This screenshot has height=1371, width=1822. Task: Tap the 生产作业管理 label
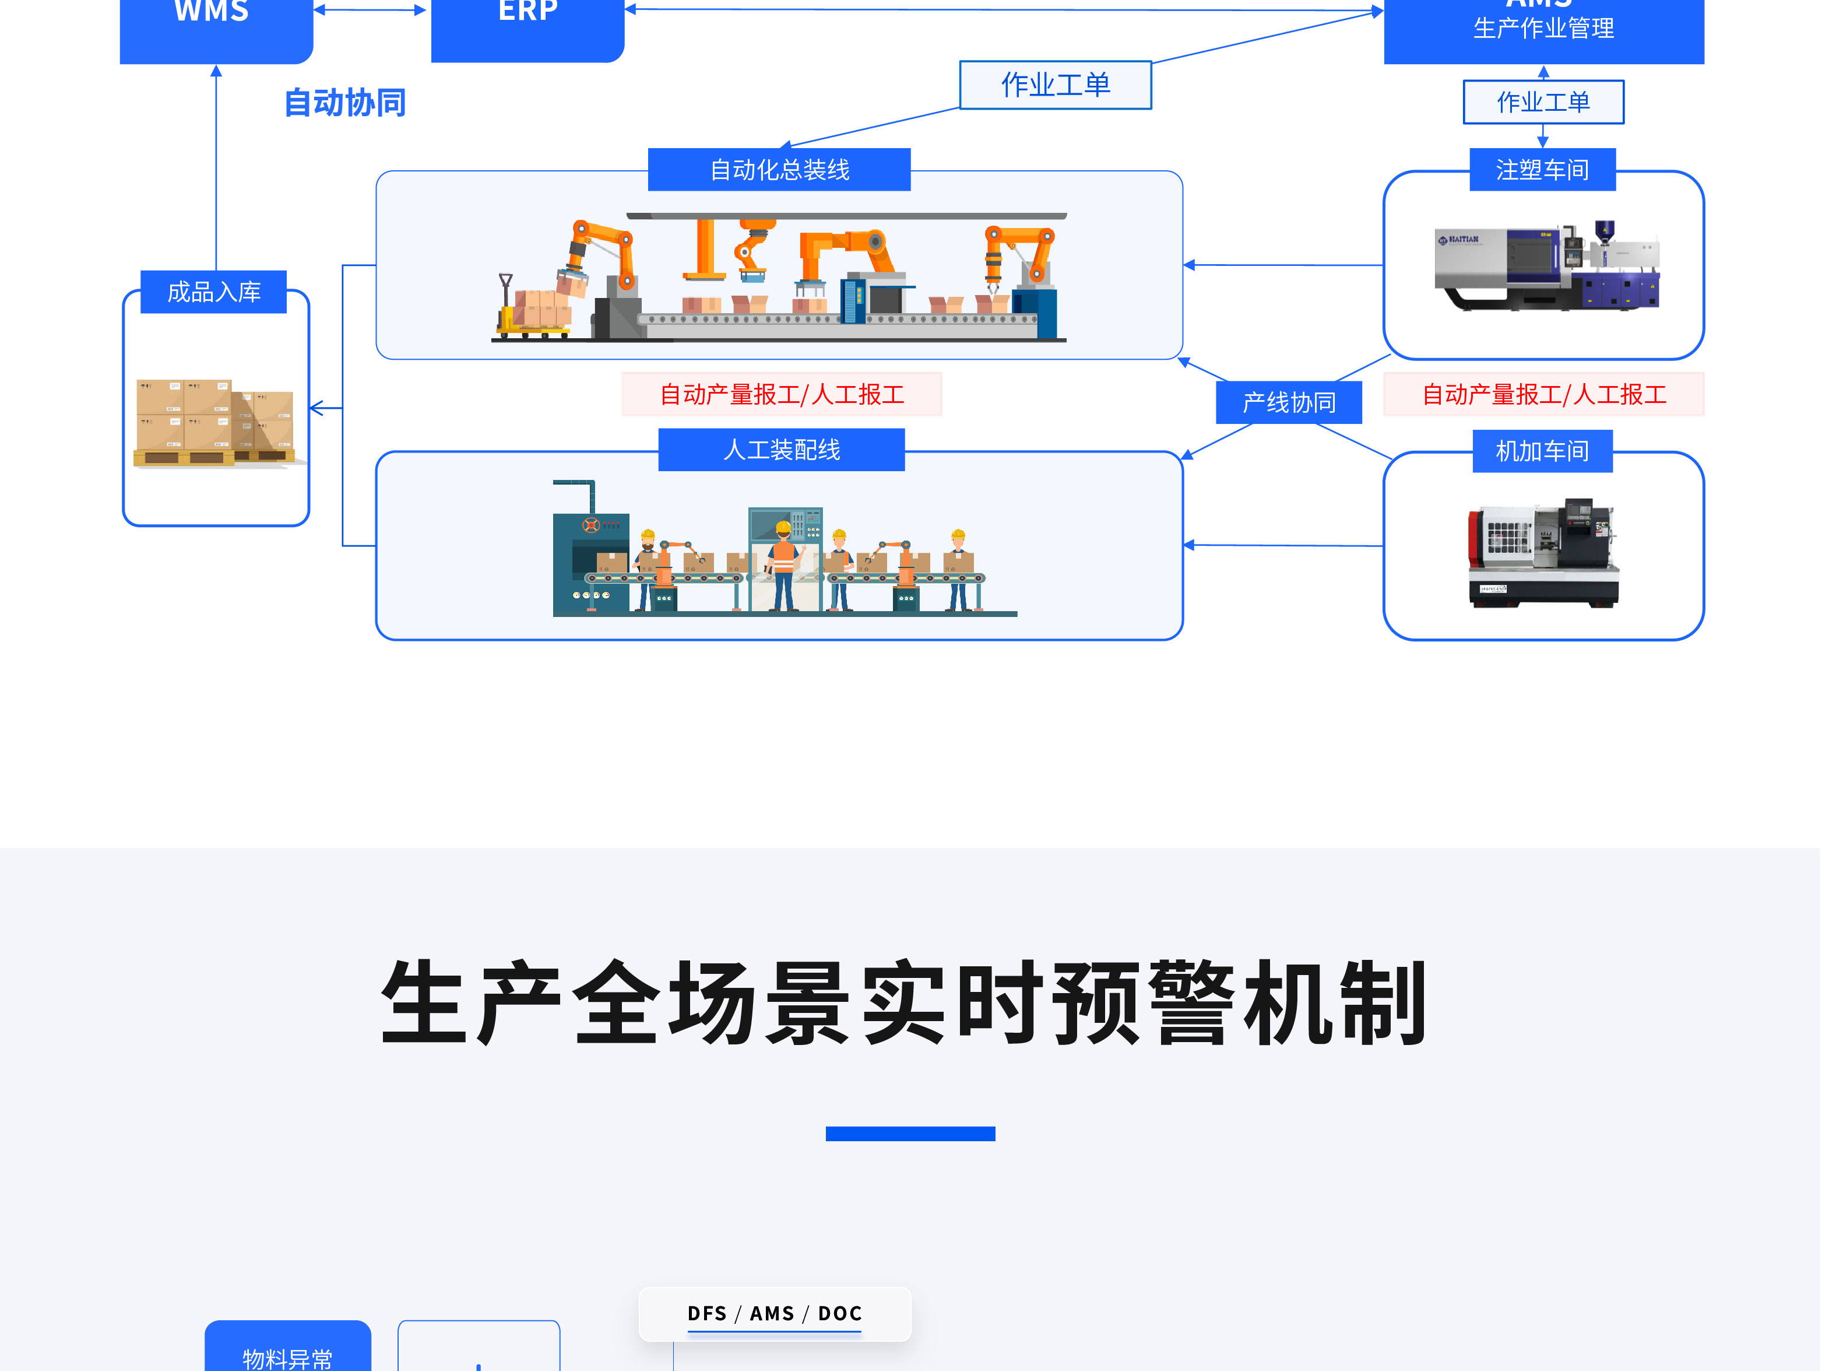click(1543, 29)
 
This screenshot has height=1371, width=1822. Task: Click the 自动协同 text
click(345, 103)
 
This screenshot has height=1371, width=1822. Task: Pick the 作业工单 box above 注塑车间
click(1543, 102)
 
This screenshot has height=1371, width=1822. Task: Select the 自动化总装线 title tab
click(779, 170)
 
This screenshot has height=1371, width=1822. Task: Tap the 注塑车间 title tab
click(1542, 170)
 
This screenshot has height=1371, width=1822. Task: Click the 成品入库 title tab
click(213, 292)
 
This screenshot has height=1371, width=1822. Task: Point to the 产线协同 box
click(1288, 402)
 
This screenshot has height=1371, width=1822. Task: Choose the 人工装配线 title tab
click(781, 450)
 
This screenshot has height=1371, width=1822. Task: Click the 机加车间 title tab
click(1542, 451)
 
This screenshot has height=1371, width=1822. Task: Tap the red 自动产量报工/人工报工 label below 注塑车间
click(1543, 395)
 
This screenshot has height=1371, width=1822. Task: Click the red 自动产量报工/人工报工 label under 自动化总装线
click(782, 395)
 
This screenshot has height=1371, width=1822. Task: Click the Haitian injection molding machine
click(1546, 265)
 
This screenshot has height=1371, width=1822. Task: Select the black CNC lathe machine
click(1543, 552)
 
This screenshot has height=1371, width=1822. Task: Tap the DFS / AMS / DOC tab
click(774, 1313)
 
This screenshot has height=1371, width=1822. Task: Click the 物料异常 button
click(287, 1351)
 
